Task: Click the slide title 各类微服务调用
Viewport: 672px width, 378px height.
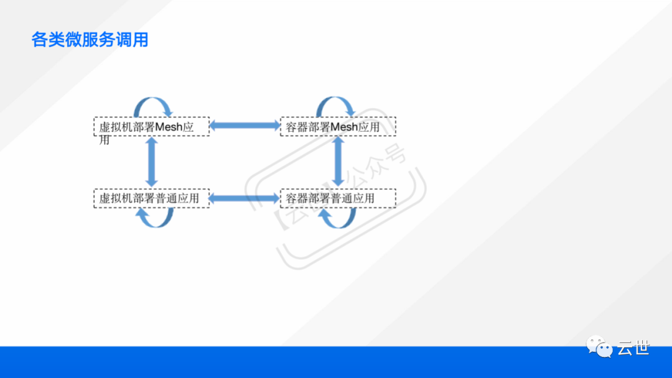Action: click(x=90, y=40)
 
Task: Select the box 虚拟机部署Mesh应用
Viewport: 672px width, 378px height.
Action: click(x=151, y=126)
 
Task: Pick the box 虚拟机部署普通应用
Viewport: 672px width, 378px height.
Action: click(x=151, y=198)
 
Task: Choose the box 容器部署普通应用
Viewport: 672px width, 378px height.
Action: click(x=338, y=198)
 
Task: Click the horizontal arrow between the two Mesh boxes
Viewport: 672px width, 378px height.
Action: click(x=245, y=126)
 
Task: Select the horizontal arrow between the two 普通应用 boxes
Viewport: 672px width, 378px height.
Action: click(x=245, y=198)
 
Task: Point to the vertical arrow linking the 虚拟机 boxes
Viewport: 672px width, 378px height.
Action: click(x=151, y=162)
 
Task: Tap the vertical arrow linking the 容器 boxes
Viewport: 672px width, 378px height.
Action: click(x=338, y=162)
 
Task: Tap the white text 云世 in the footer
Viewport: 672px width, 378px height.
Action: click(x=633, y=348)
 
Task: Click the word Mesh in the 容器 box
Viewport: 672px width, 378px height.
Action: click(x=344, y=127)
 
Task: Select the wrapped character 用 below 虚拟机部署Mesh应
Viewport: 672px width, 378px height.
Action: click(x=105, y=140)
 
